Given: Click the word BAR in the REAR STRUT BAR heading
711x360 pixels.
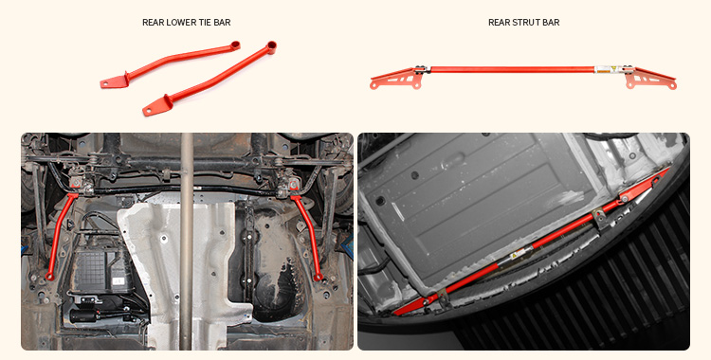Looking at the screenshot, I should pos(551,22).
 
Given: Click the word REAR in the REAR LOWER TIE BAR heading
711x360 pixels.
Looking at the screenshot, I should pos(154,22).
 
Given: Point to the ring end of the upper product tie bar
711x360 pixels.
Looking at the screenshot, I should pos(271,45).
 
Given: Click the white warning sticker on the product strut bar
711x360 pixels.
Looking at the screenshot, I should pos(603,69).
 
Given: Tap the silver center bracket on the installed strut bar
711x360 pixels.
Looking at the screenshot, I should pos(600,219).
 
